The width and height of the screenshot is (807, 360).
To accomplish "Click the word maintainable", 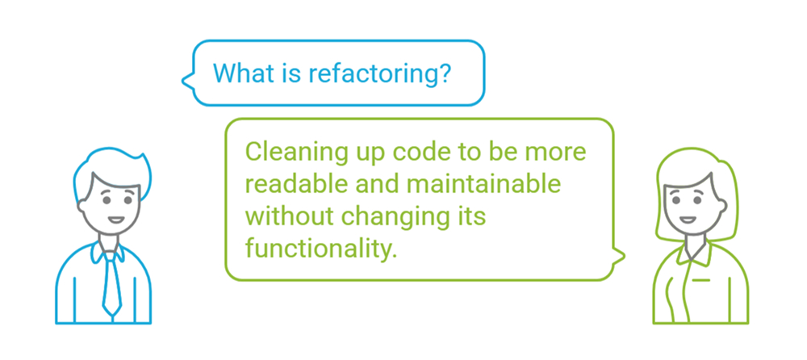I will [491, 183].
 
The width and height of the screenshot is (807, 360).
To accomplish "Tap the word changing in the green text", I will [392, 216].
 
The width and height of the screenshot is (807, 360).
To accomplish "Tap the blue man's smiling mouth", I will [114, 218].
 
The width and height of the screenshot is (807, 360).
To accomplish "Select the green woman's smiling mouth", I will [687, 218].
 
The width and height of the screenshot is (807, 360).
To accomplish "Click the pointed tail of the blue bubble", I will [185, 80].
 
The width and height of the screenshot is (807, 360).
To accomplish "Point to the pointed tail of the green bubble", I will [621, 257].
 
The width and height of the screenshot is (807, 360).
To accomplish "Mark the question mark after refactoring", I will [444, 73].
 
